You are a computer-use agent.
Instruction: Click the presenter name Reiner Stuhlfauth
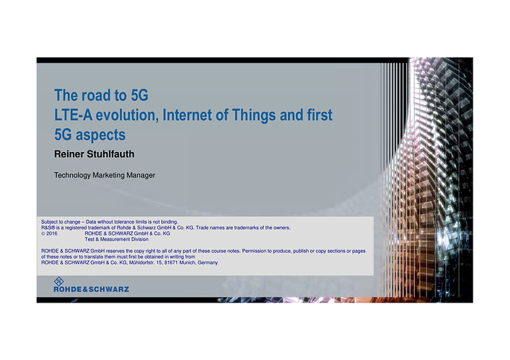pyautogui.click(x=95, y=154)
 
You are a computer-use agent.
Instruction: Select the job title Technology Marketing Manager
pyautogui.click(x=104, y=175)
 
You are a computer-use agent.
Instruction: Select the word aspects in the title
pyautogui.click(x=101, y=136)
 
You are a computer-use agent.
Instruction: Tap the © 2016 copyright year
pyautogui.click(x=49, y=233)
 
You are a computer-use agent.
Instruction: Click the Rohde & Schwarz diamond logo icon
pyautogui.click(x=59, y=281)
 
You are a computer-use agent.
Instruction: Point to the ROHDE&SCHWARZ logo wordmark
pyautogui.click(x=92, y=289)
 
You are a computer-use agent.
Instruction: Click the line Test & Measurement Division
pyautogui.click(x=116, y=239)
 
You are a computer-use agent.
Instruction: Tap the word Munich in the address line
pyautogui.click(x=188, y=262)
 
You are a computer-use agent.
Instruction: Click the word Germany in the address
pyautogui.click(x=207, y=263)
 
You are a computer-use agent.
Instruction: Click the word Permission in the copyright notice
pyautogui.click(x=254, y=251)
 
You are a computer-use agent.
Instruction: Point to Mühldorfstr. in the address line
pyautogui.click(x=142, y=262)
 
